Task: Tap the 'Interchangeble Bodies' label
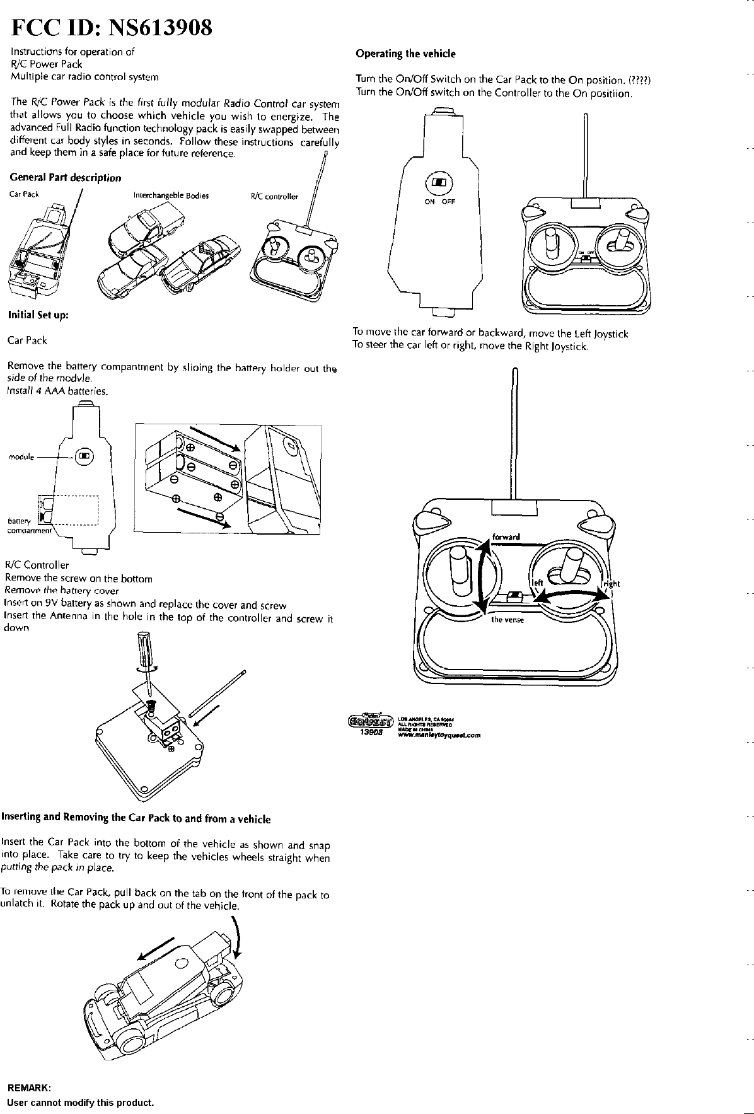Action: pos(171,195)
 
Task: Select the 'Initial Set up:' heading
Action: pos(38,315)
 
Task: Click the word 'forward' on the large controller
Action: pos(506,537)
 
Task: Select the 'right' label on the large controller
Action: pos(612,583)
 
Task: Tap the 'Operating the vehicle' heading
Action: pos(405,54)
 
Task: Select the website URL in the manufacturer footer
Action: pos(440,734)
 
